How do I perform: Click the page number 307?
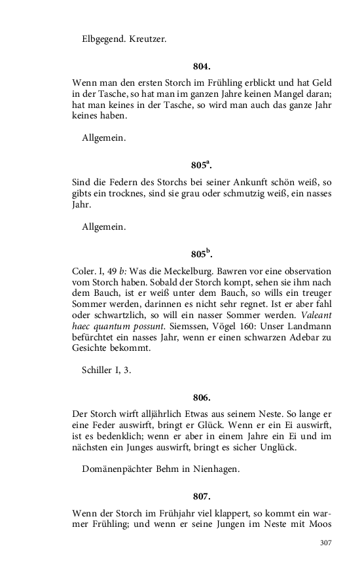coord(326,543)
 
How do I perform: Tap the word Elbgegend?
coord(105,39)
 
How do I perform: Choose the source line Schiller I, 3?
coord(107,370)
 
